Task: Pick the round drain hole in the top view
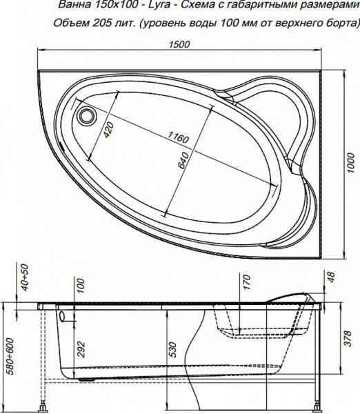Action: point(88,115)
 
